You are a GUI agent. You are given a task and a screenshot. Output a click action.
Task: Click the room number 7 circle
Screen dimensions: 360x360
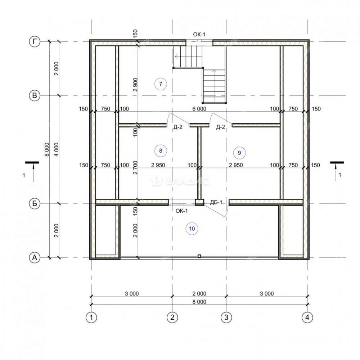161,84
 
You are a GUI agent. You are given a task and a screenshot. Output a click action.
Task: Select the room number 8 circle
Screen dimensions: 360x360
161,150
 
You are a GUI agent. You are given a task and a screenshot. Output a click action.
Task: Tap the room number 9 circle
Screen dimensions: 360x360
239,153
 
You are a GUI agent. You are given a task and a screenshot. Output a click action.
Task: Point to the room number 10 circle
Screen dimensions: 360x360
192,229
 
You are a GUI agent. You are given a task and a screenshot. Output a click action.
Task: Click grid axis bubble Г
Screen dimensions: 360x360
35,41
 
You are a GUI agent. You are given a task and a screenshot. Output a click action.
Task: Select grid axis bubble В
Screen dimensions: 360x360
35,95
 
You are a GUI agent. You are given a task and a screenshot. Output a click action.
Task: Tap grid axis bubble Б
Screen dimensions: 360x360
35,204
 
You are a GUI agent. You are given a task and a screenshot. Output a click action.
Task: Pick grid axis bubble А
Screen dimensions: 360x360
35,258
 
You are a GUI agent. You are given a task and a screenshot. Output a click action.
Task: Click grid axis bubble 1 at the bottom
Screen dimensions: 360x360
91,318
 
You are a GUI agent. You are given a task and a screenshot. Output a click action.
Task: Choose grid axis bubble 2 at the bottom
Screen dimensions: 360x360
172,318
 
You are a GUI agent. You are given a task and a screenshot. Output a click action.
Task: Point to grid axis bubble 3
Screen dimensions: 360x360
226,318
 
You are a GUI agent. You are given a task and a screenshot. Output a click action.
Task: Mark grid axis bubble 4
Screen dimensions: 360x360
307,318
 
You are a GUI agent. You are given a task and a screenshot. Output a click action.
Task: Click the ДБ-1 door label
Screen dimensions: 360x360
216,202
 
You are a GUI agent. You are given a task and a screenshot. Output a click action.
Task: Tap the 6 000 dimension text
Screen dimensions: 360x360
199,109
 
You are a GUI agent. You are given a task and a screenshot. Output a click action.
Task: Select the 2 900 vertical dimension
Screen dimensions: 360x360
135,85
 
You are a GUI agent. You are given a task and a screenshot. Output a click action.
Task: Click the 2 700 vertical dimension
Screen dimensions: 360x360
135,168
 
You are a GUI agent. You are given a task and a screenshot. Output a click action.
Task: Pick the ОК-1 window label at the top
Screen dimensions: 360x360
199,35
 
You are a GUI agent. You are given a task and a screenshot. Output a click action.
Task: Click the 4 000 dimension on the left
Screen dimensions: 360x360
57,149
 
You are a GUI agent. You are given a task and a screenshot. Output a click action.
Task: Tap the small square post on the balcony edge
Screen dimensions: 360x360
199,256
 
